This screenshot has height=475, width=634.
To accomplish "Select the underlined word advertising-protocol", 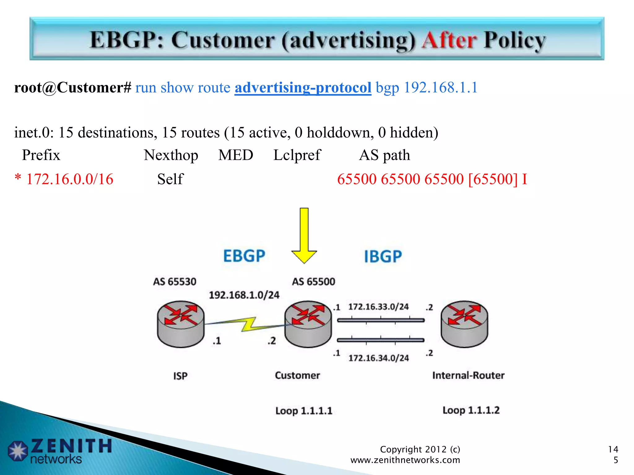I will tap(303, 88).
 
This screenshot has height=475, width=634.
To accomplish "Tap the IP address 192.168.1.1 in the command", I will tap(441, 88).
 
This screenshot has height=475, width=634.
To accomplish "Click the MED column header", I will tap(236, 155).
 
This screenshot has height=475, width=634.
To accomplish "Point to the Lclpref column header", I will tap(297, 155).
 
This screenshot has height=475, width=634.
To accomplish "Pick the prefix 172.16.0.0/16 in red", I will tap(70, 179).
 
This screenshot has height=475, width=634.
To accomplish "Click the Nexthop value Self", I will tap(170, 179).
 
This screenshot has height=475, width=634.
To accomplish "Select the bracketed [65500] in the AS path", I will tap(493, 179).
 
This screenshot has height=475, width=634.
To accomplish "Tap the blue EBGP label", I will tap(244, 256).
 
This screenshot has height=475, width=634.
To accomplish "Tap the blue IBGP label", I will tap(383, 256).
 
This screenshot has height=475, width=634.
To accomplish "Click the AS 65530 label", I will tap(175, 282).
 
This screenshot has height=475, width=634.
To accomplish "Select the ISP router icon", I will tap(181, 324).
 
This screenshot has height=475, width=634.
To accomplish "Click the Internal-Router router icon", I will tap(464, 324).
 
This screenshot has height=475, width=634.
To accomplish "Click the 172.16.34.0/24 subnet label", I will tap(379, 358).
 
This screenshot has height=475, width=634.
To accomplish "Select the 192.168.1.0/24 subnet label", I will tap(244, 295).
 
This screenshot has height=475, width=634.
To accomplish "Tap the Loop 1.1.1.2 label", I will tap(471, 410).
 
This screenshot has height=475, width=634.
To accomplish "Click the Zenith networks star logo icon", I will tap(18, 451).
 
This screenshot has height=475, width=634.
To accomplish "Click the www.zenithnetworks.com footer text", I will tap(405, 460).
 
